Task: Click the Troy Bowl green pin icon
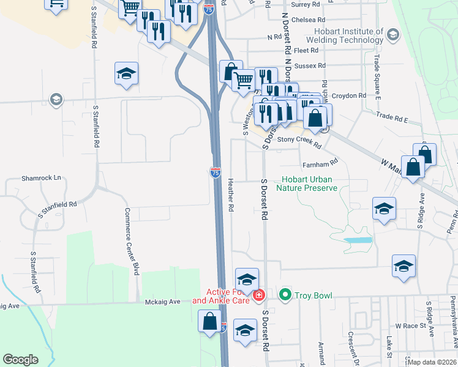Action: point(285,295)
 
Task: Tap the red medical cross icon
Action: point(258,296)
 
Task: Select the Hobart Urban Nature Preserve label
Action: point(306,183)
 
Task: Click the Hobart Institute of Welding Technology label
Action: point(348,35)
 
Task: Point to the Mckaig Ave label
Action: point(162,302)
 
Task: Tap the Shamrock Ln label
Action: point(42,178)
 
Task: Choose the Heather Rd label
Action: point(231,196)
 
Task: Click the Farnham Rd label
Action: point(320,163)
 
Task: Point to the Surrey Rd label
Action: point(306,4)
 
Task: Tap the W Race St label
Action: point(410,326)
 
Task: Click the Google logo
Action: point(20,360)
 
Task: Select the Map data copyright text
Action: point(432,362)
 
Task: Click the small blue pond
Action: point(358,240)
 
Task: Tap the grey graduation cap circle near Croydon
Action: point(56,99)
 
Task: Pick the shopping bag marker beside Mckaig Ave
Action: point(209,321)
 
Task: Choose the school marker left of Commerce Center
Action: point(126,73)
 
